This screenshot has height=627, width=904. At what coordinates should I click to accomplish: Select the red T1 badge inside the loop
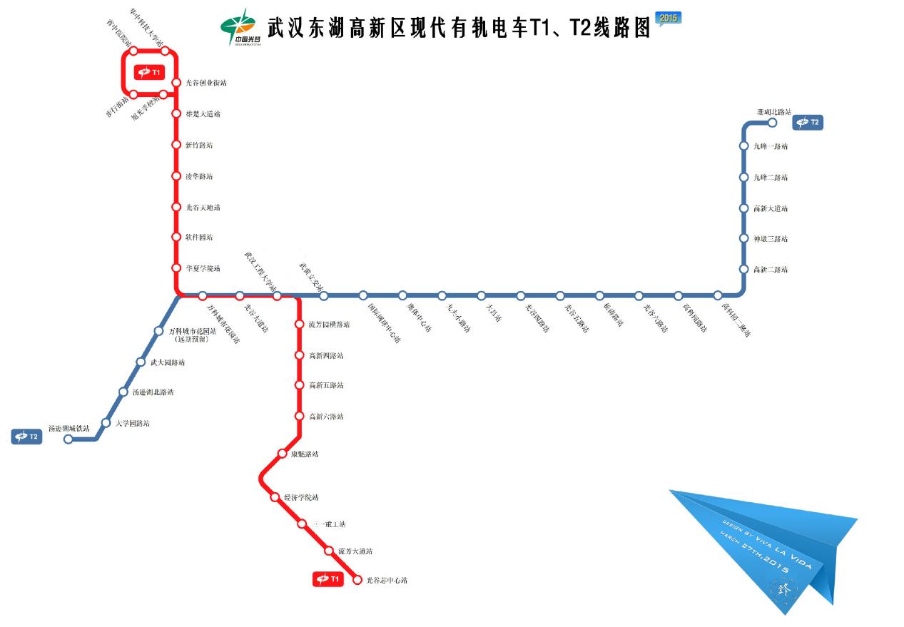coord(150,72)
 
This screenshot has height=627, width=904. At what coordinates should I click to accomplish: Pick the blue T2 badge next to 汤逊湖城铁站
coord(26,437)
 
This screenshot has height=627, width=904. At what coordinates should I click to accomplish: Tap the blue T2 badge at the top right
coord(808,123)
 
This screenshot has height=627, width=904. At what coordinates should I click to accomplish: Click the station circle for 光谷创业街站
coord(176,83)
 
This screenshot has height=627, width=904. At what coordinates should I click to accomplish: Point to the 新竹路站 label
coord(199,145)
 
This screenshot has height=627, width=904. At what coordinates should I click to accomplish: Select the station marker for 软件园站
coord(176,237)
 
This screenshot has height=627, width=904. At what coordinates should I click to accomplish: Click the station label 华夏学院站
coord(203,268)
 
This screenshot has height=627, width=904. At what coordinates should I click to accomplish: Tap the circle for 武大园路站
coord(141,362)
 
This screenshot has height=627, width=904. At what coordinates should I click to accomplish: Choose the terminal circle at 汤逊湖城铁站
coord(68,439)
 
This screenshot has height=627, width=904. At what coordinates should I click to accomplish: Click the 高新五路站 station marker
coord(300,385)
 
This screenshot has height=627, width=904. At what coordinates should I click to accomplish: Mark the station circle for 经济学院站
coord(275,497)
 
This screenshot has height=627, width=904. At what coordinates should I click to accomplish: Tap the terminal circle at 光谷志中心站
coord(358,580)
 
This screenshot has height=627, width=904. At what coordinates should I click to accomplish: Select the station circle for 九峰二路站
coord(743,177)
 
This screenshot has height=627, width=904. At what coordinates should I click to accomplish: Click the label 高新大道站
coord(771,208)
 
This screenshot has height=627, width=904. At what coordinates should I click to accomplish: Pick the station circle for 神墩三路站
coord(743,239)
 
